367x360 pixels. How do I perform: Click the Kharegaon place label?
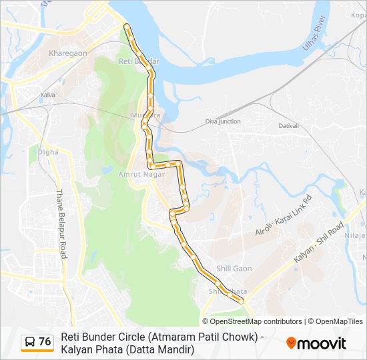coord(67,52)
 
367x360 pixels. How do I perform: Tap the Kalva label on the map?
coord(47,95)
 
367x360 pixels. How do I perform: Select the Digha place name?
coord(48,152)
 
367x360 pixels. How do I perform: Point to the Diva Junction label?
coord(223,121)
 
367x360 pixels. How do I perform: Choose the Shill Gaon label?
coord(234,269)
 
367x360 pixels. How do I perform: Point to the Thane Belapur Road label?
coord(61,214)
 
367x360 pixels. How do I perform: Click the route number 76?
coord(45,341)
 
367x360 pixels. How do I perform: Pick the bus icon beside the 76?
coord(30,342)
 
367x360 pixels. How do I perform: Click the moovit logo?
coord(316,343)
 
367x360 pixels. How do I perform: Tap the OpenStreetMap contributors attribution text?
coord(252,321)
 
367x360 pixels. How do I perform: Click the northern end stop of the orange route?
coord(127,27)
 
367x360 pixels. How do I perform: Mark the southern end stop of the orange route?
coord(241,301)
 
